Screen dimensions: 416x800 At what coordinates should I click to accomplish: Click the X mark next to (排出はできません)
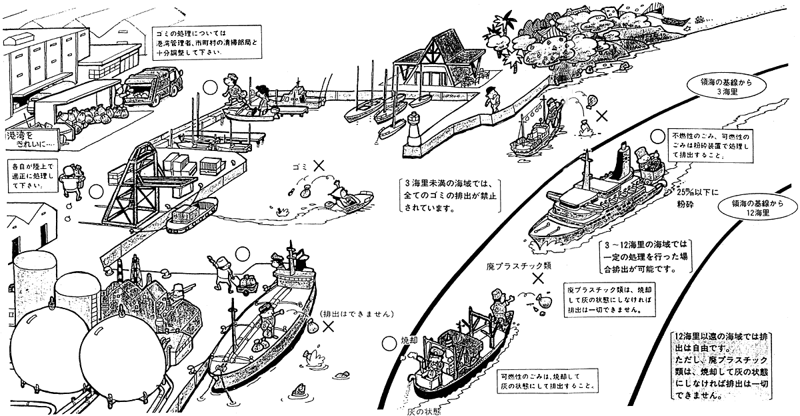tap(328, 327)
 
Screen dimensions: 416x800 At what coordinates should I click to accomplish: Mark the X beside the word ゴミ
tap(319, 164)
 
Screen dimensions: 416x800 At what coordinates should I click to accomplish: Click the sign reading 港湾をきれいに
tap(33, 138)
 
